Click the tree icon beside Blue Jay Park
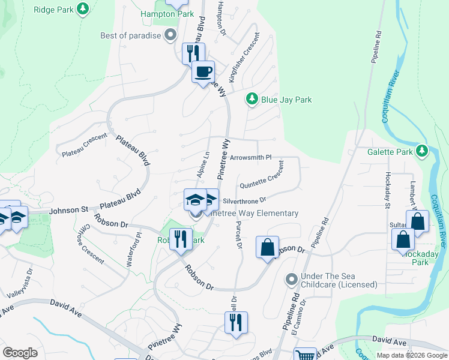point(252,100)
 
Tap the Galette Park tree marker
point(423,151)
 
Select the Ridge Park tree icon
point(83,9)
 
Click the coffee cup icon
point(203,71)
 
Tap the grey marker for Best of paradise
point(171,35)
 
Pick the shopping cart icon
point(306,355)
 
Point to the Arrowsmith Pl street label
point(251,157)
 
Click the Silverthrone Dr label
point(244,200)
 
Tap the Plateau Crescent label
point(85,145)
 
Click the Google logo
point(20,352)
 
